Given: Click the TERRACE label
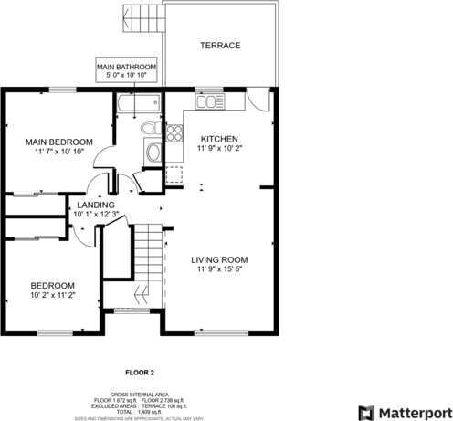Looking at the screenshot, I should coord(220,45).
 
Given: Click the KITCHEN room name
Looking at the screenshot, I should coord(219,139).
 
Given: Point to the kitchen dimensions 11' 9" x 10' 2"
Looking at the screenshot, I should coord(219,148).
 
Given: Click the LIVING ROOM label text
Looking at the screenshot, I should coord(219,260).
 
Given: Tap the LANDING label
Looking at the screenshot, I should coord(96,205).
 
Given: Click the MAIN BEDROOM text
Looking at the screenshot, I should coord(58,142).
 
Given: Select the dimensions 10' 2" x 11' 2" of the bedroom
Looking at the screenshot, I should coord(52,295).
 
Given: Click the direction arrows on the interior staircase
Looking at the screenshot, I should coord(142,294).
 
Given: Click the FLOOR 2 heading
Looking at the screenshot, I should coord(140,373).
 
